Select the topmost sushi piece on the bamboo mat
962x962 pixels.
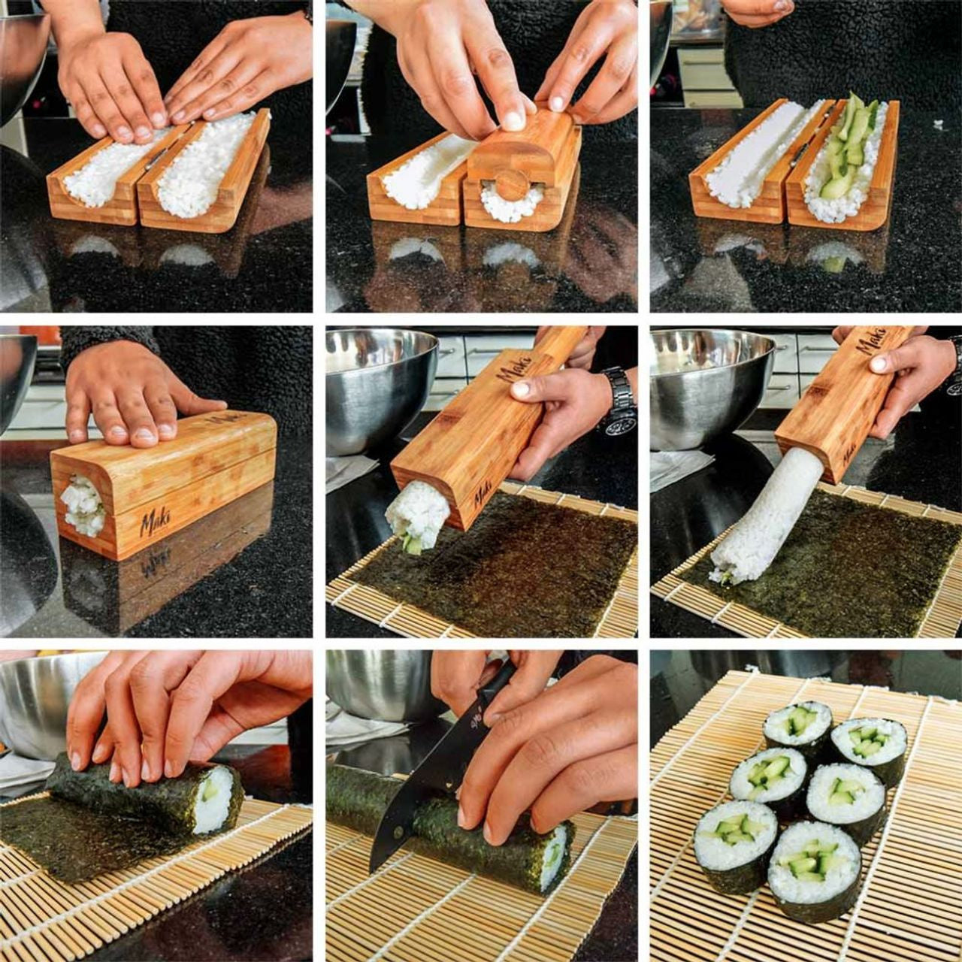coord(798,725)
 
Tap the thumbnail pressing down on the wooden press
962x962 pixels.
coord(513,119)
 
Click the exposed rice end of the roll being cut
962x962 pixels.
coord(553,857)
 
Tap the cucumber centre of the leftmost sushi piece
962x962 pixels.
coord(734,831)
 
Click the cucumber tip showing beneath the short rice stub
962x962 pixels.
coord(413,546)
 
